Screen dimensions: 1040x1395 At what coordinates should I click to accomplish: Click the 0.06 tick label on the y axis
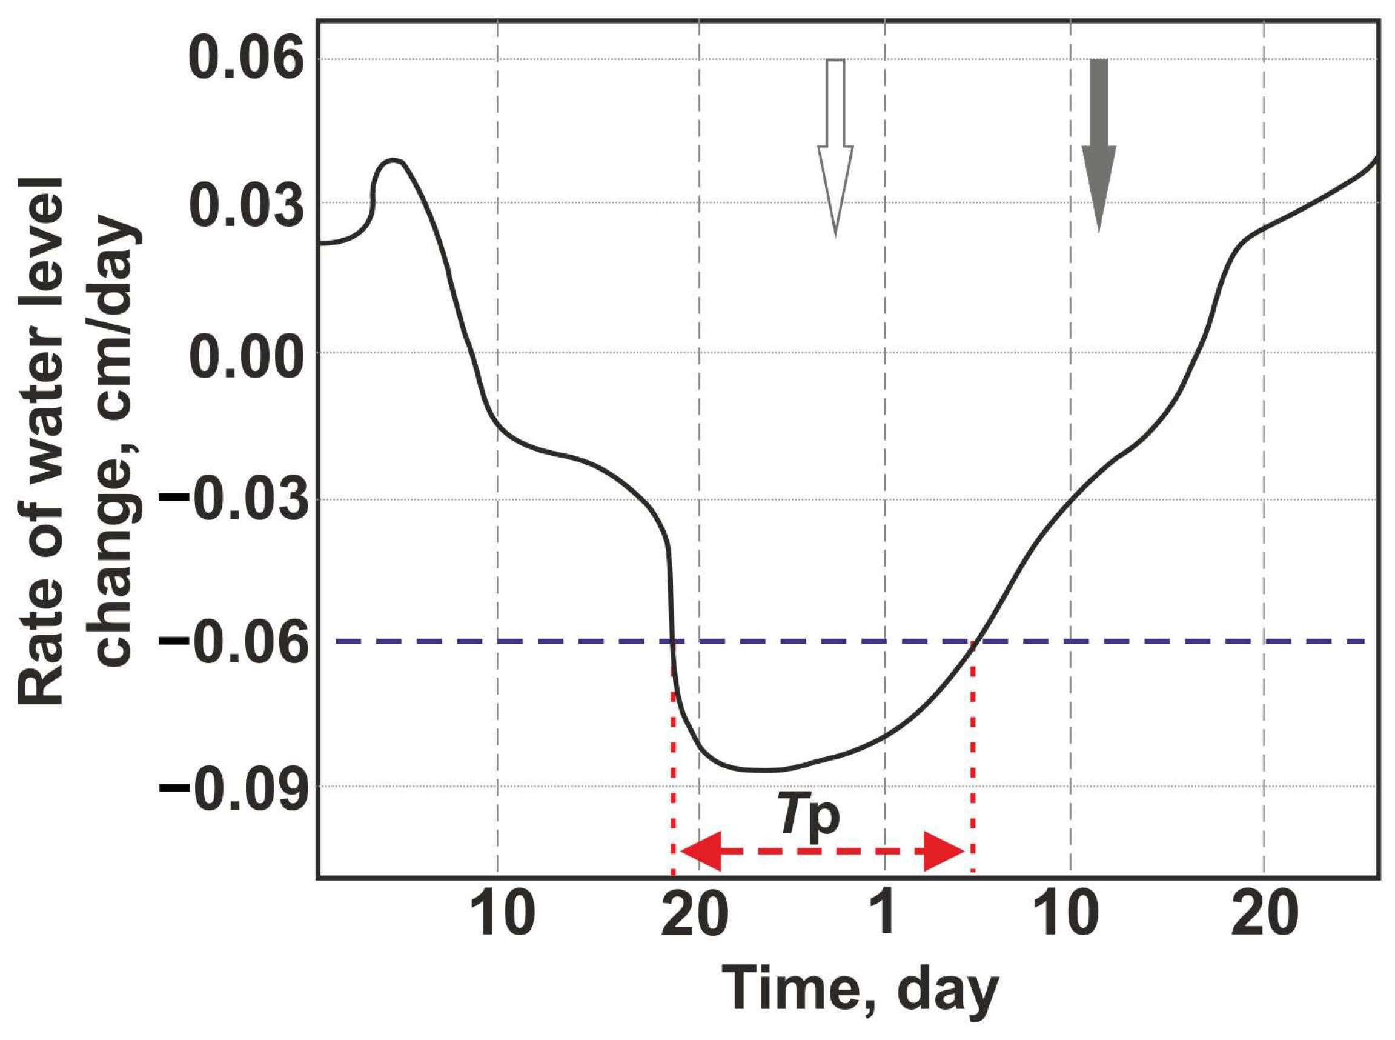pyautogui.click(x=242, y=60)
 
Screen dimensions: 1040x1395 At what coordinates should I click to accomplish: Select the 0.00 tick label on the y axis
pyautogui.click(x=242, y=353)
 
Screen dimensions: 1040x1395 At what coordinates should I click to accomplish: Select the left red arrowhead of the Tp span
pyautogui.click(x=700, y=852)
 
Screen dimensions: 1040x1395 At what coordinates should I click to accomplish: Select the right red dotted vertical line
pyautogui.click(x=973, y=755)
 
